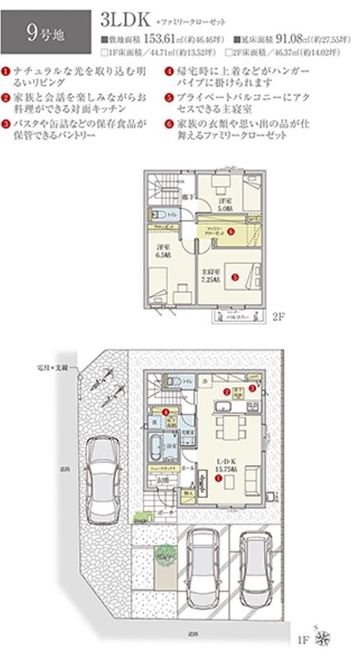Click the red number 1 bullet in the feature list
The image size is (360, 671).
(x=7, y=71)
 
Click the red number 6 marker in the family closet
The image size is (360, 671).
(x=231, y=231)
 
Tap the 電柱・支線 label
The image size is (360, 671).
(x=52, y=368)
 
